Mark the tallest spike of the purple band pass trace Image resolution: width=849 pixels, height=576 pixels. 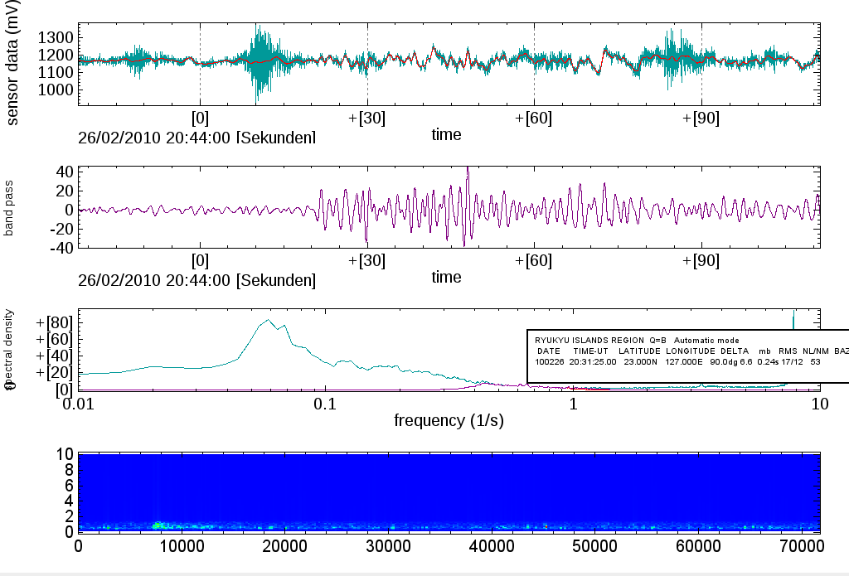pos(468,169)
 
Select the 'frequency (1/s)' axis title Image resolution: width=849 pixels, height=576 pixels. pos(449,421)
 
